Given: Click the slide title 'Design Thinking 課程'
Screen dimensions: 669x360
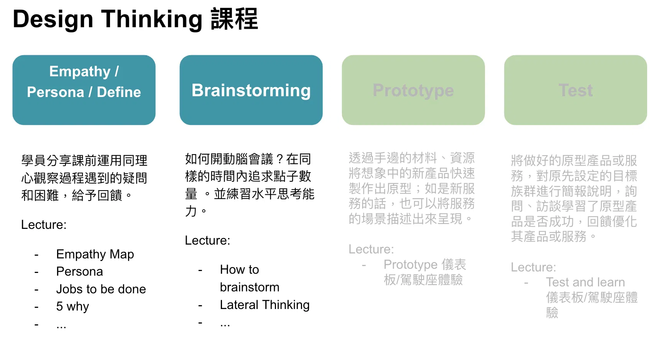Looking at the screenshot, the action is (135, 19).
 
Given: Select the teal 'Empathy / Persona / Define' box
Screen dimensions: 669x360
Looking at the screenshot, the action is (84, 90).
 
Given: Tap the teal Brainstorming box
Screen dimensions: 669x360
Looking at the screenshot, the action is (251, 90).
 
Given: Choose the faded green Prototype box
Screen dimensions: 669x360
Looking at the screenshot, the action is (413, 90).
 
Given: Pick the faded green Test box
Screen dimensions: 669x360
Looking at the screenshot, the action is (575, 90).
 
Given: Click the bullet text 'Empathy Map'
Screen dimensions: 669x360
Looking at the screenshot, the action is (95, 255).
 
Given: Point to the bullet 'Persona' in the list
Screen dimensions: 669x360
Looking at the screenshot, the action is (79, 271).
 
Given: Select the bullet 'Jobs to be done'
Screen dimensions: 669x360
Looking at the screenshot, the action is (101, 289).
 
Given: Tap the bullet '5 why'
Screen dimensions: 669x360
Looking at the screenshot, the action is (72, 307).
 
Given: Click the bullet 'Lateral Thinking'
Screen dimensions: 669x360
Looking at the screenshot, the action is (265, 305).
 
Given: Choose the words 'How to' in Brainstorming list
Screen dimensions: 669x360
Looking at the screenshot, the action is (240, 270).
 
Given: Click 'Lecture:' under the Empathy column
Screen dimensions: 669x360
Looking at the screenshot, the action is (44, 225).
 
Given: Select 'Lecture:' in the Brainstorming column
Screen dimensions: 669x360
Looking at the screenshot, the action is (207, 240).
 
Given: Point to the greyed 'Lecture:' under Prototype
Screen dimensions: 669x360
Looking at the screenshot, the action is (371, 249).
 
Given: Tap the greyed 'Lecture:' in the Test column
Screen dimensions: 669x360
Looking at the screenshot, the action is (533, 267).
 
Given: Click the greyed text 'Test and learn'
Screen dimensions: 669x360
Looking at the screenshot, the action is (585, 282).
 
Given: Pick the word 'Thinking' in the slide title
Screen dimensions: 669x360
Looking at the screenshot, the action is (151, 19).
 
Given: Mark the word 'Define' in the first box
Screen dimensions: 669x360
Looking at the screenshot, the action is (119, 92).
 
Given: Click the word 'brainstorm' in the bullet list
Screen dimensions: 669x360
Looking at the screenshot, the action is (250, 287).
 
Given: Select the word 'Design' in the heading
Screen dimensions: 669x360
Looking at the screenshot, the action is (53, 19).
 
